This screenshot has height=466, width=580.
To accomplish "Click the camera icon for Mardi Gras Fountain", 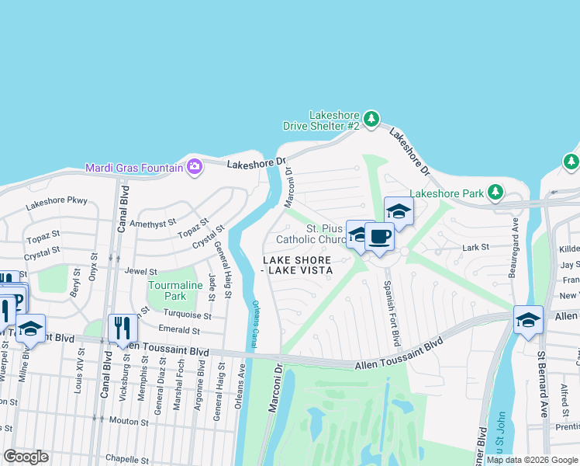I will click(x=195, y=166).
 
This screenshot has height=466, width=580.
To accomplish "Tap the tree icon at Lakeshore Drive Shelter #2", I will click(x=372, y=119).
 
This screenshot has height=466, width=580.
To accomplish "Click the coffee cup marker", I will click(x=379, y=236).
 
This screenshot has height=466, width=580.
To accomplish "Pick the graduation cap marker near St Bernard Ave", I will click(x=527, y=319).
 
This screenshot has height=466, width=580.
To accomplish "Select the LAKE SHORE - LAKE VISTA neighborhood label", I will click(x=298, y=265).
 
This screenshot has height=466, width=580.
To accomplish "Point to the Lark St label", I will click(x=475, y=247).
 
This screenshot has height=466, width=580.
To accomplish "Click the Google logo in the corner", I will click(x=26, y=457).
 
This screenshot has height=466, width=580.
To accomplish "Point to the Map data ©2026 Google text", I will click(x=532, y=460).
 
